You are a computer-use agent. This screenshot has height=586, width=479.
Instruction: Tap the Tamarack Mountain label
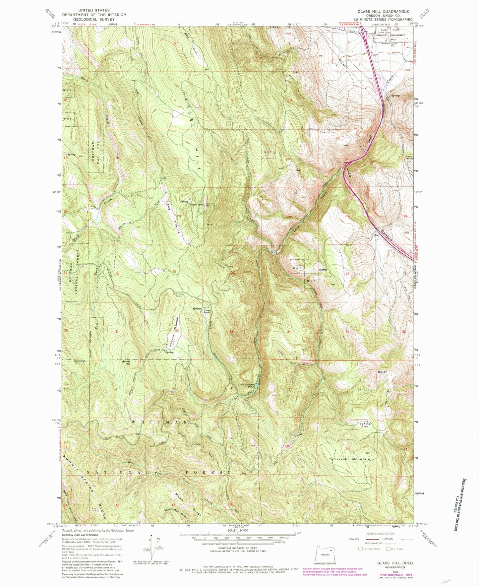click(349, 459)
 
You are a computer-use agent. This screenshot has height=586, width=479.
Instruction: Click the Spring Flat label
click(365, 425)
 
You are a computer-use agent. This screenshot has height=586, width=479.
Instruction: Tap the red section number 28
click(233, 274)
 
